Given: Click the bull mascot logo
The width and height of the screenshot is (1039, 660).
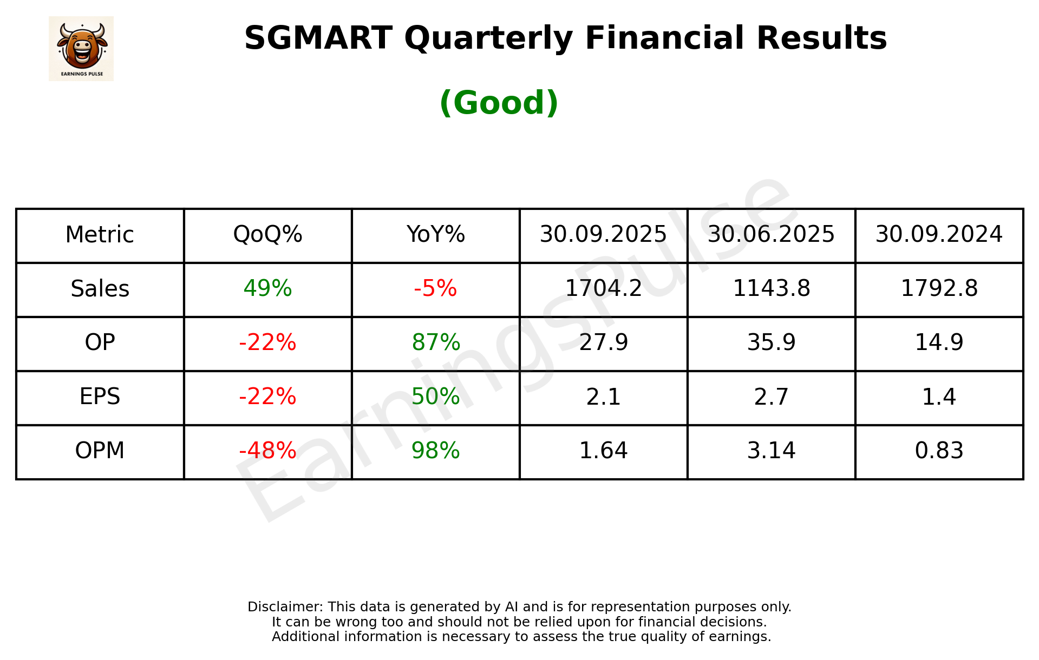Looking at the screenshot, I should point(81,48).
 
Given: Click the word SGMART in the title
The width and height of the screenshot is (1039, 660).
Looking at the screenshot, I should point(318,38).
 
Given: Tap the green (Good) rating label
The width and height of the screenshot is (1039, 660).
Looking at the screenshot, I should point(499,103).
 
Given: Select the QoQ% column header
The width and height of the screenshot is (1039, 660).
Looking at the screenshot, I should point(267,235).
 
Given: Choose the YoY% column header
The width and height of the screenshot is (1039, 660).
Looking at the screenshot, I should point(435,235).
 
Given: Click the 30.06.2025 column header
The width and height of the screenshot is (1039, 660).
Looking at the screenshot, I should point(771,235).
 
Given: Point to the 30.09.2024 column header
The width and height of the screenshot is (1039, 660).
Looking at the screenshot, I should point(939,235).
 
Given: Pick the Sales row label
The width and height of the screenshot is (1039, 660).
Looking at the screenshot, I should point(100,289).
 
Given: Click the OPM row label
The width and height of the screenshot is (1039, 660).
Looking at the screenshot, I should point(100,451).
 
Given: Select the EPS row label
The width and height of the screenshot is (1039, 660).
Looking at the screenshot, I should point(100,397).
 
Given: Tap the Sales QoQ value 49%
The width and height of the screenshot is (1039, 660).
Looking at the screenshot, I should point(267,288).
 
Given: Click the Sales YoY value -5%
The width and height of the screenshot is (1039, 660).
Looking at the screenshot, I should point(435,288).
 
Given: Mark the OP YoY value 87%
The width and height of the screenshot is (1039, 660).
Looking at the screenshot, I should point(435,342).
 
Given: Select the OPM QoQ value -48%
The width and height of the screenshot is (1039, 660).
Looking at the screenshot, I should point(267,451).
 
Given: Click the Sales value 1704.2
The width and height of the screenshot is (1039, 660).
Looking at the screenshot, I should point(603,288).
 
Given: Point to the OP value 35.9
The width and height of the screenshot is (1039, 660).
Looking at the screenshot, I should point(771,342).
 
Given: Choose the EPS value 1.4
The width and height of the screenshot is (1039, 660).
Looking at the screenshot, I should point(939,397).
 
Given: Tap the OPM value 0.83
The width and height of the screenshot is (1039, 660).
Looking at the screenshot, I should point(939,451).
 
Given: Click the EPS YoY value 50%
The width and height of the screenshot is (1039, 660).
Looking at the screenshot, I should point(435,397).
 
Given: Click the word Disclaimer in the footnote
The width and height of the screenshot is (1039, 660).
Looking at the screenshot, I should point(284,607).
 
